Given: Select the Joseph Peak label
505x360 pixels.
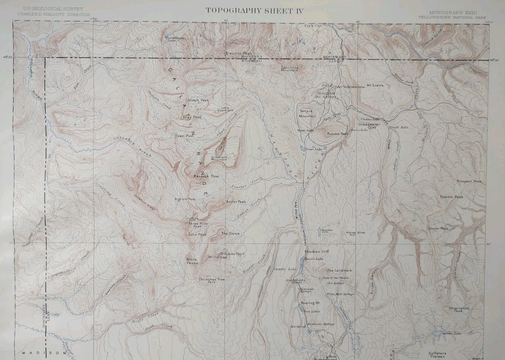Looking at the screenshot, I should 198,100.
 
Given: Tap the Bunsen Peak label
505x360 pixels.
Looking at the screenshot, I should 337,134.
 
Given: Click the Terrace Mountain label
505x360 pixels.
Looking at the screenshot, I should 308,114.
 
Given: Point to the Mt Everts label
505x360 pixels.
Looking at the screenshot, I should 375,85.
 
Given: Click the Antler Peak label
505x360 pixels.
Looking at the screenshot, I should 236,202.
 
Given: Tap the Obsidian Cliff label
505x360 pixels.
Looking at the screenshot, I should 317,252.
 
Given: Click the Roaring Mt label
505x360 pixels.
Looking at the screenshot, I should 310,303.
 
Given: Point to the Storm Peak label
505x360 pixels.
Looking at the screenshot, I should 438,229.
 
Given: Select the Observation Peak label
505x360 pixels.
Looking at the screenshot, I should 458,310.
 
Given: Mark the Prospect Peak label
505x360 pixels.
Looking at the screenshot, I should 469,181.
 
